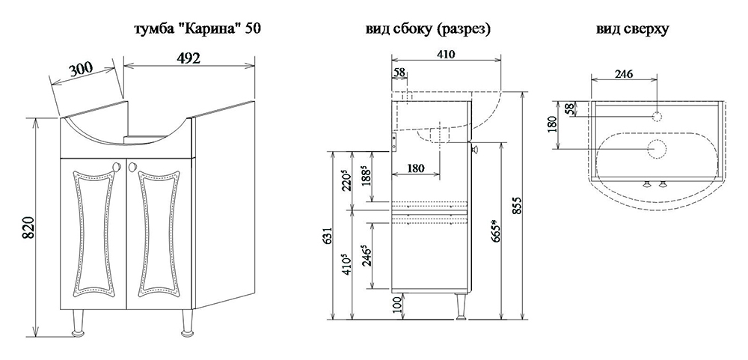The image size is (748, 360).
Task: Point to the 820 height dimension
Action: point(27,229)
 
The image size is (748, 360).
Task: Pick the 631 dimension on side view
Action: point(327,236)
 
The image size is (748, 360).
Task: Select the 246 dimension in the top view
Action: point(623,74)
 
